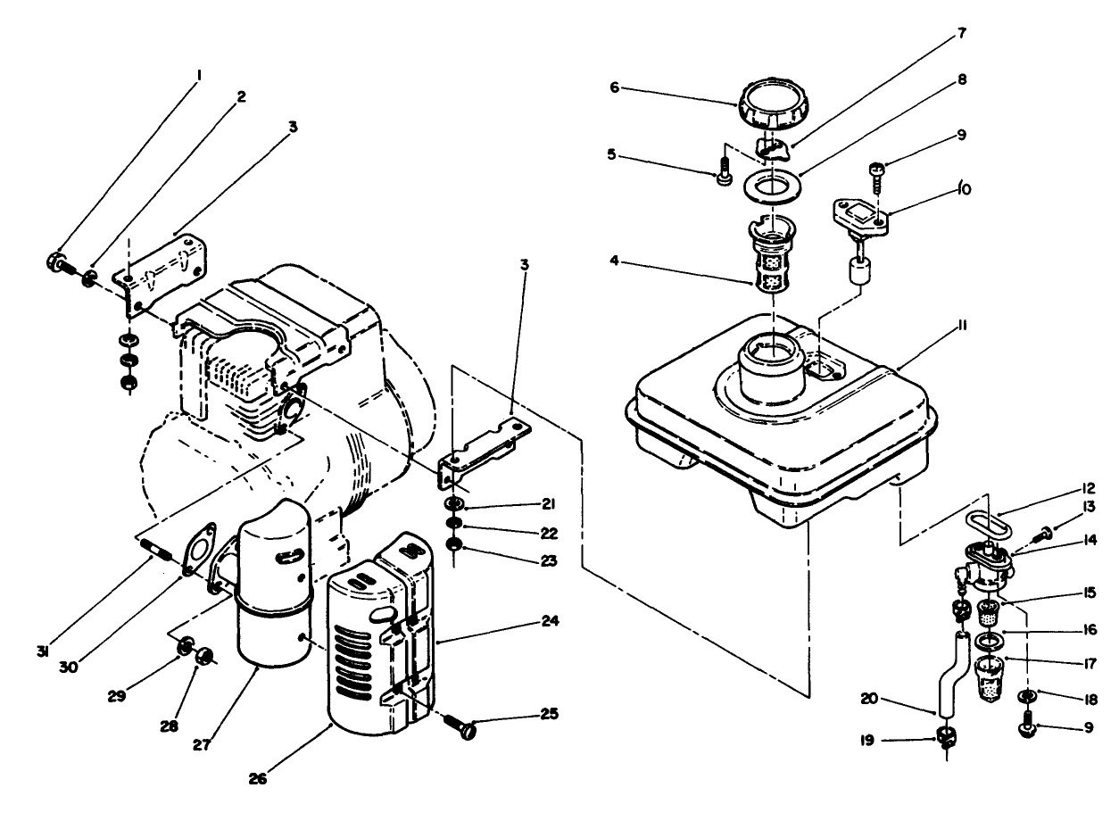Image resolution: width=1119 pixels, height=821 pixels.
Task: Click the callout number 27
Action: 202,743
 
